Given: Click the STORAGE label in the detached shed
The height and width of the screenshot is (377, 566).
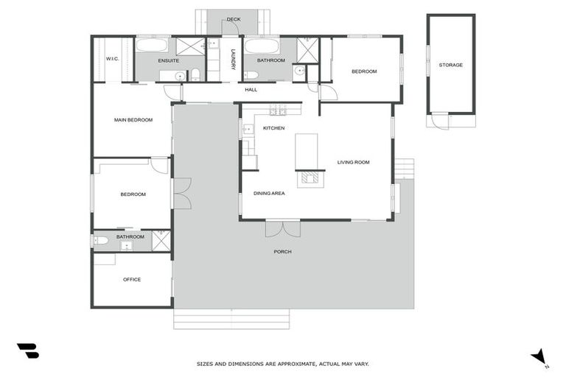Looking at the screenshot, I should pos(450,65).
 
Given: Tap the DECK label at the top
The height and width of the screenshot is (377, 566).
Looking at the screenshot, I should pos(234,19).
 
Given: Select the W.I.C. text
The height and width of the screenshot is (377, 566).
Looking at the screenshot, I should pos(112,59).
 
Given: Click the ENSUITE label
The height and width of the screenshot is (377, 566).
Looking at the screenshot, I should pos(168,60).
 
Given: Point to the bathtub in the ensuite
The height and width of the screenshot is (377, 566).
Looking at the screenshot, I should pos(152,46).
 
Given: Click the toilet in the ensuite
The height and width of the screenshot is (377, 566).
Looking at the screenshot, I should pos(196,74).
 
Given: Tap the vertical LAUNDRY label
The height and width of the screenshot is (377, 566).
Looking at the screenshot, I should pos(232,60).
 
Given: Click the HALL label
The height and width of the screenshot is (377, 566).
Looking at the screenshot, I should pos(251,90).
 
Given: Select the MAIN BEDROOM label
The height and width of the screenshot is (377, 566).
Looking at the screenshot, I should pos(133,119).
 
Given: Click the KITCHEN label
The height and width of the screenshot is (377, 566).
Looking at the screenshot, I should pos(273,128).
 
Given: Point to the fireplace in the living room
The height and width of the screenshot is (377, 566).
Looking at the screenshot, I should pos(310,177).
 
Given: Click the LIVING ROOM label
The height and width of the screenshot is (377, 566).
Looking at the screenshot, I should pos(353,162).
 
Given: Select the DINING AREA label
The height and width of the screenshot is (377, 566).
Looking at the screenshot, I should pos(269,193).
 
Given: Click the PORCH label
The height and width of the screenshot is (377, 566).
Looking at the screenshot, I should pos(282,252).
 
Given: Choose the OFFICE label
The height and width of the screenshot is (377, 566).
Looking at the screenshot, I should pos(131,279).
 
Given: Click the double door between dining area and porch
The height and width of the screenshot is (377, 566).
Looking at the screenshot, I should pos(283,228).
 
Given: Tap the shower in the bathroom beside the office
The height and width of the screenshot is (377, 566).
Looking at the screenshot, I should pos(161,241).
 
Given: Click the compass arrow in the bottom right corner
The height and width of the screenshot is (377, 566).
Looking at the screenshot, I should pos(539,356).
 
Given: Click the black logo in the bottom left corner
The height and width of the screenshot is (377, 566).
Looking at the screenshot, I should pos(27,351).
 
